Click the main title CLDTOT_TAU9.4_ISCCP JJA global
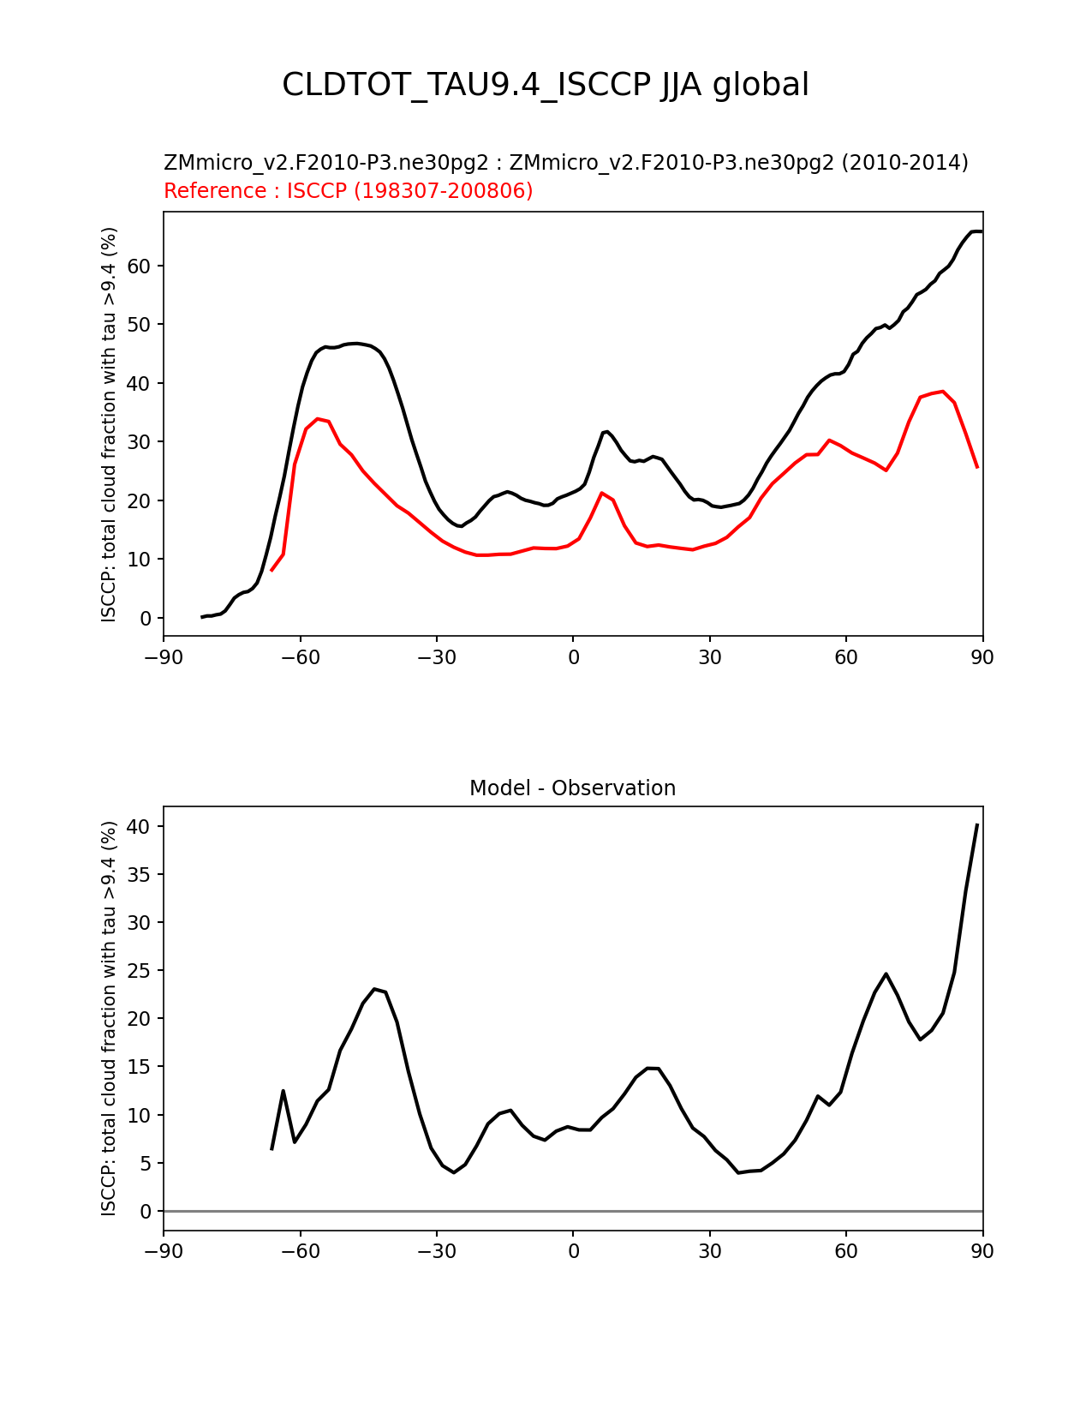(x=546, y=85)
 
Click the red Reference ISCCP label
(x=348, y=191)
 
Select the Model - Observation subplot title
(x=572, y=788)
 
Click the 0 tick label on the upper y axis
(x=146, y=618)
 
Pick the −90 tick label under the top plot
(x=164, y=657)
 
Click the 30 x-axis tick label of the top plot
(x=709, y=657)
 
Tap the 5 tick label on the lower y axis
(x=146, y=1163)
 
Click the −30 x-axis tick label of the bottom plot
(x=436, y=1251)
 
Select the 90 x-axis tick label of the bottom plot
(x=982, y=1251)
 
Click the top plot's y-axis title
(x=109, y=424)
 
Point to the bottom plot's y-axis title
(x=109, y=1018)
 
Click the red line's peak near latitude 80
(x=942, y=391)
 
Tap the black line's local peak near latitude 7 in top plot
(x=606, y=431)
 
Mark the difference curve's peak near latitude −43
(x=375, y=989)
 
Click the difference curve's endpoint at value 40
(x=977, y=824)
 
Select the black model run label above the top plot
(x=565, y=163)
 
